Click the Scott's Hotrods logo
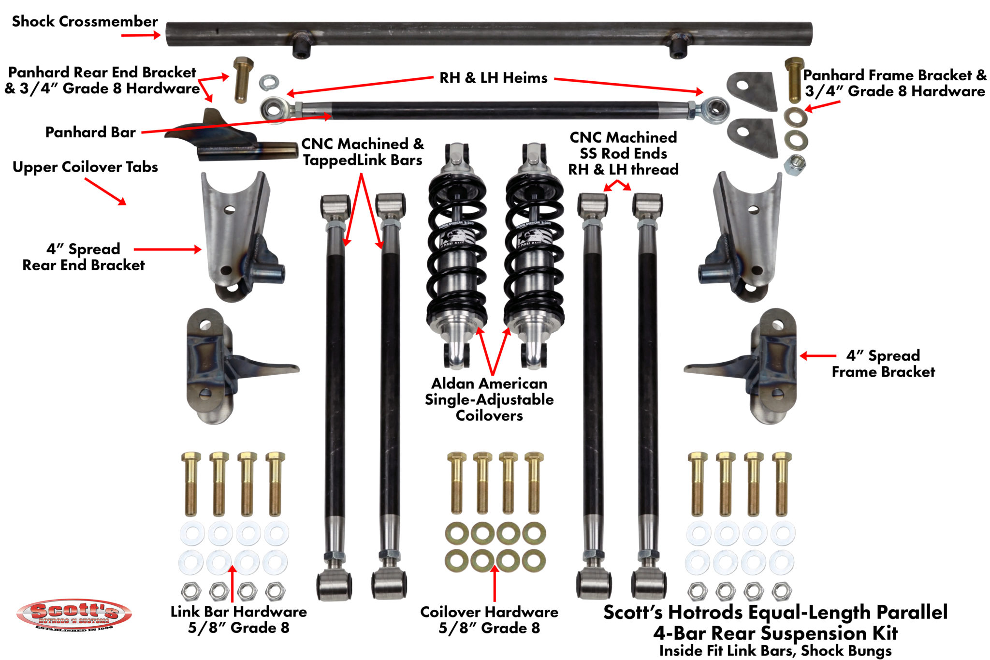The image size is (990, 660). tap(74, 614)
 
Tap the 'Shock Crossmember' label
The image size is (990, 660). tap(85, 21)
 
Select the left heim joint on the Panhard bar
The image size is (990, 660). tap(274, 108)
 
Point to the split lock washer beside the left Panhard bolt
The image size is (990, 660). tap(269, 82)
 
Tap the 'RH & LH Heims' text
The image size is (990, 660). tap(493, 78)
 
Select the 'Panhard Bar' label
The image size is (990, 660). tap(90, 132)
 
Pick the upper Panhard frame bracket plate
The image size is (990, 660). tap(752, 90)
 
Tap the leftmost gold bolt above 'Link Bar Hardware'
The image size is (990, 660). tap(191, 484)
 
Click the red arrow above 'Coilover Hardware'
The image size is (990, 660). tap(495, 583)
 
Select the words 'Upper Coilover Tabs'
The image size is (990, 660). tap(85, 167)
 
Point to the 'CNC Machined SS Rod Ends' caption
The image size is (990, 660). tap(623, 153)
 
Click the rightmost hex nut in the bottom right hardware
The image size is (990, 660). tap(782, 591)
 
